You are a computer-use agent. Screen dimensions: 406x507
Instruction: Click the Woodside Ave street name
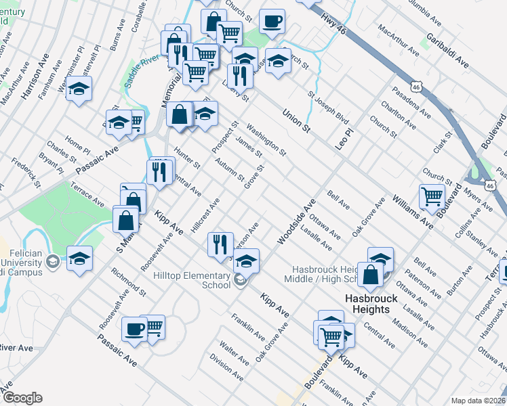297,221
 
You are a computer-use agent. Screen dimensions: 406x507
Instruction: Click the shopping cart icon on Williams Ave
432,196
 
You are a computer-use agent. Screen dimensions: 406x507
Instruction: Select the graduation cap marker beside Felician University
79,259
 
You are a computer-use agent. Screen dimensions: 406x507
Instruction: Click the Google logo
22,398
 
